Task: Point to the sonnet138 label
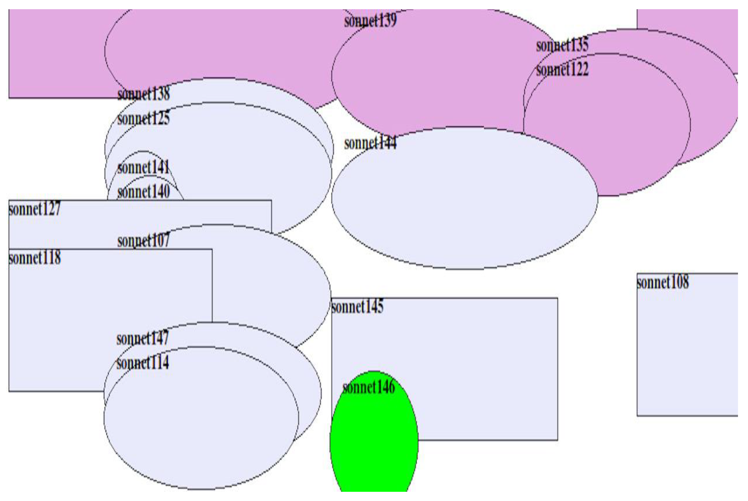click(143, 94)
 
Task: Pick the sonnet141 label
click(143, 167)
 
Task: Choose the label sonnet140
click(143, 192)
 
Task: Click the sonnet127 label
click(35, 209)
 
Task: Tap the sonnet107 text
click(143, 241)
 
